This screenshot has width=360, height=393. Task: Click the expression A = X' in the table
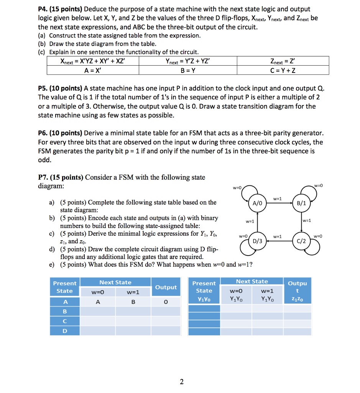pos(92,70)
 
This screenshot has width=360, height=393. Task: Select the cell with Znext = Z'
pos(283,61)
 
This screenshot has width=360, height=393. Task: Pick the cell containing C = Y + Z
pos(283,70)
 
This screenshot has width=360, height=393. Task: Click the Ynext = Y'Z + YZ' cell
pos(187,61)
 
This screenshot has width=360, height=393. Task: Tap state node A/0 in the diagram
pos(256,203)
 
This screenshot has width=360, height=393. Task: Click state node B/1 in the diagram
pos(301,203)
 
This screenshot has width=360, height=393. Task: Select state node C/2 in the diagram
pos(301,241)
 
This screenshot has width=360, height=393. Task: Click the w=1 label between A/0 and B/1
pos(278,198)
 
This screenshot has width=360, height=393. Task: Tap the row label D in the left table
pos(65,330)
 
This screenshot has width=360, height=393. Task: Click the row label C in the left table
pos(65,321)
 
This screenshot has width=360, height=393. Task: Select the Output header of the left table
pos(165,287)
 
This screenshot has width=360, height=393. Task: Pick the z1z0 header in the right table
pos(297,299)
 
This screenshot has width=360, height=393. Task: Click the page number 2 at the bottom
pos(181,381)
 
